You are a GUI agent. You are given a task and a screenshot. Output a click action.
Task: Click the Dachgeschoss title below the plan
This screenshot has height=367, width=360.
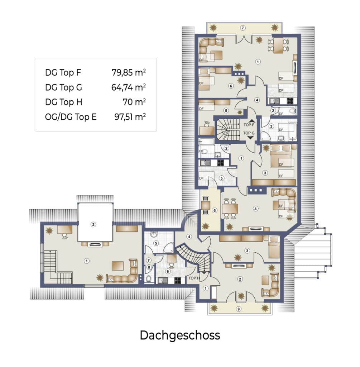180,335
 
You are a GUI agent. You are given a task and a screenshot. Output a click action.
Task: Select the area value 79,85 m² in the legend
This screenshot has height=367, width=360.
129,72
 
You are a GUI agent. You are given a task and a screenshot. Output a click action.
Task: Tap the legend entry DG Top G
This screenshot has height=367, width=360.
63,87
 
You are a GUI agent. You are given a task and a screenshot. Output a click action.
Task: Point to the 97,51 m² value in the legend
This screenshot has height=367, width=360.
130,116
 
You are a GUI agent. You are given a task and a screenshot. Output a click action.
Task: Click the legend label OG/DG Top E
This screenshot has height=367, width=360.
71,117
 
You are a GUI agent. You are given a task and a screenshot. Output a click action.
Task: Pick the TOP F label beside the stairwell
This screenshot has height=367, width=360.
249,125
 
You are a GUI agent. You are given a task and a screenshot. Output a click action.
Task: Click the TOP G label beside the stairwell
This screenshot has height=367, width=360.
249,133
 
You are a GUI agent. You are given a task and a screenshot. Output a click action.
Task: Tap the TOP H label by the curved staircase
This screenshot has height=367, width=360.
194,278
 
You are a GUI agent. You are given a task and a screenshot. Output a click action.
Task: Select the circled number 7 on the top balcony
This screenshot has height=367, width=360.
243,28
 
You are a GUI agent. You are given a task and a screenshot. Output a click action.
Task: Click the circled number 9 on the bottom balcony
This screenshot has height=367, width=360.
239,309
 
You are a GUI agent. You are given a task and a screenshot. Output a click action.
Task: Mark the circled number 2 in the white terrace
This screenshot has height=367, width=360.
93,225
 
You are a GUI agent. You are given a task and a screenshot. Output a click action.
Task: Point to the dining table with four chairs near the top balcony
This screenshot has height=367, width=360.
278,45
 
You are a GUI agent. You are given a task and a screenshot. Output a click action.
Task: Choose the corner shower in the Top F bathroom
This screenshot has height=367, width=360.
266,136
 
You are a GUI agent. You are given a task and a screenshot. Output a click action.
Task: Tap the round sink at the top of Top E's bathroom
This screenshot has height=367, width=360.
154,234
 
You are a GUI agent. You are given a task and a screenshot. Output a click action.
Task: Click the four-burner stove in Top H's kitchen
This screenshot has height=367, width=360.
178,280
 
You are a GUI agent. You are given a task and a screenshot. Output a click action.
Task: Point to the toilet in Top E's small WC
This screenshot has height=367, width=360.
149,278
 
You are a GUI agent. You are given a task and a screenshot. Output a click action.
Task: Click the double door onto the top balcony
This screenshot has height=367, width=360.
244,39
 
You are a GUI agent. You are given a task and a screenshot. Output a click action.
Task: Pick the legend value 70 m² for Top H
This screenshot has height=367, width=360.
134,102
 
